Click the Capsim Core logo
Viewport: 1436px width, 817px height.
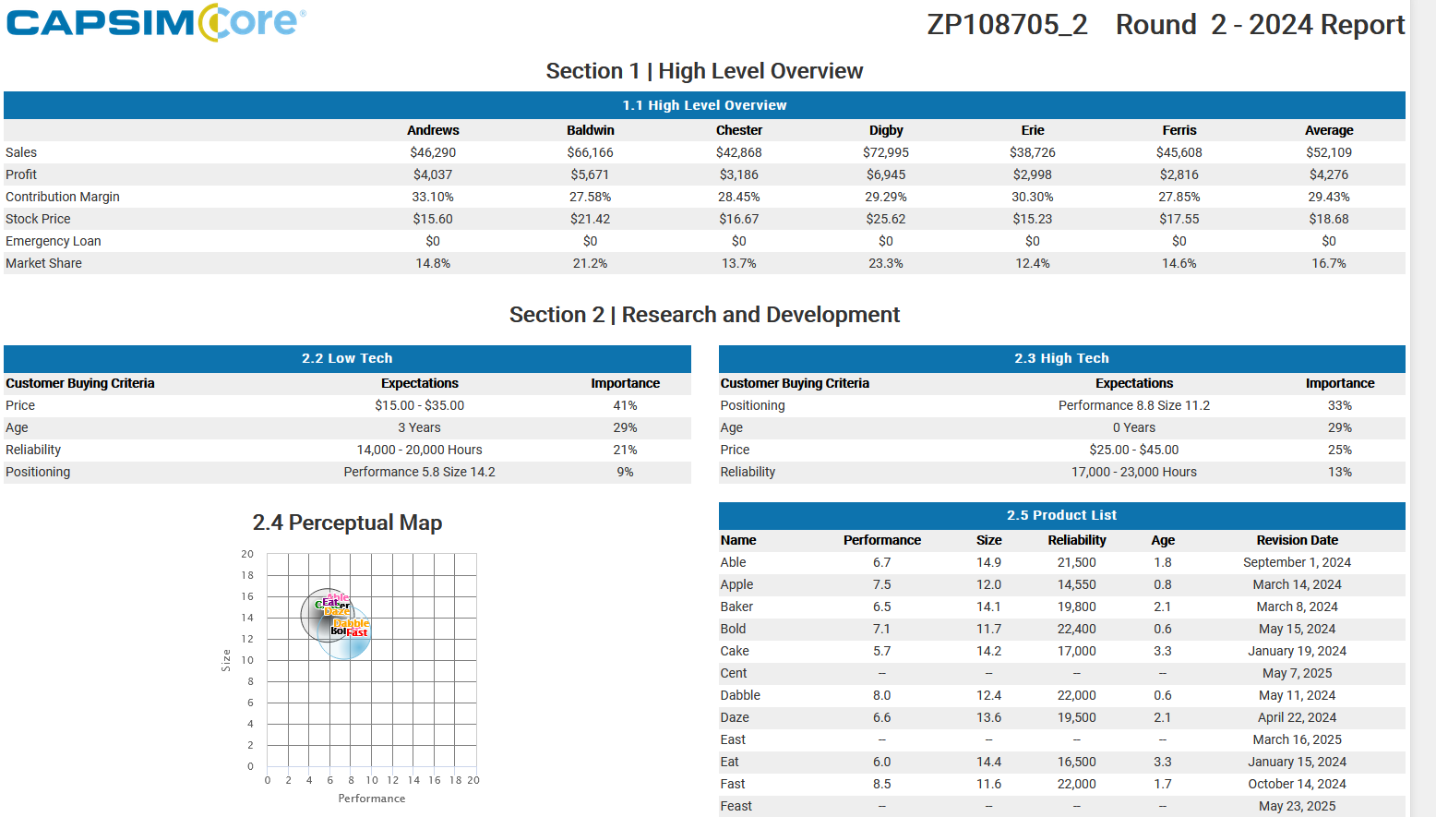click(x=156, y=23)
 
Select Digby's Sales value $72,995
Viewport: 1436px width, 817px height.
click(x=886, y=152)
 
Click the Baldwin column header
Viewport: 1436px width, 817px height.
click(x=591, y=130)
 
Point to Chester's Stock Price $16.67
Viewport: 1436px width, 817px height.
click(x=739, y=219)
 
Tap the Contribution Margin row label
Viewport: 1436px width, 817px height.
click(x=63, y=197)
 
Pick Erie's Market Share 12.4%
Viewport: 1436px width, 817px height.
click(x=1033, y=263)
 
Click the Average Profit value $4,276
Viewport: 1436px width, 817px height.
click(x=1329, y=174)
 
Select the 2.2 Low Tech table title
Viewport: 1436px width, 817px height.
click(x=347, y=358)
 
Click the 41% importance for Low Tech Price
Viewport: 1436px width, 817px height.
click(x=625, y=405)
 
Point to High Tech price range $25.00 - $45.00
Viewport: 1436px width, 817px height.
click(x=1134, y=450)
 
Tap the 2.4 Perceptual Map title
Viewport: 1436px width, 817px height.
click(x=347, y=523)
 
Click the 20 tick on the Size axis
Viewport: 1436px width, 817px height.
click(x=247, y=554)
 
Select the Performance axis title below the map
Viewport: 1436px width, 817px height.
click(x=372, y=799)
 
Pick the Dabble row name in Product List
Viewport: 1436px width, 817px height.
click(x=740, y=695)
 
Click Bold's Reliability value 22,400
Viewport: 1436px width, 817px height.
click(x=1077, y=629)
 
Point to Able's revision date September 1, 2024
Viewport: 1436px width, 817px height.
click(x=1297, y=562)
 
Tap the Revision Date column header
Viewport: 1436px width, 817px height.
click(x=1297, y=540)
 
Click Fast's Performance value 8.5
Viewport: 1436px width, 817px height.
click(x=882, y=784)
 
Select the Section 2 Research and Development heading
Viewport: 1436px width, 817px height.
click(x=704, y=315)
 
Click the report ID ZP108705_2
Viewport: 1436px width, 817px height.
click(x=1007, y=25)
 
